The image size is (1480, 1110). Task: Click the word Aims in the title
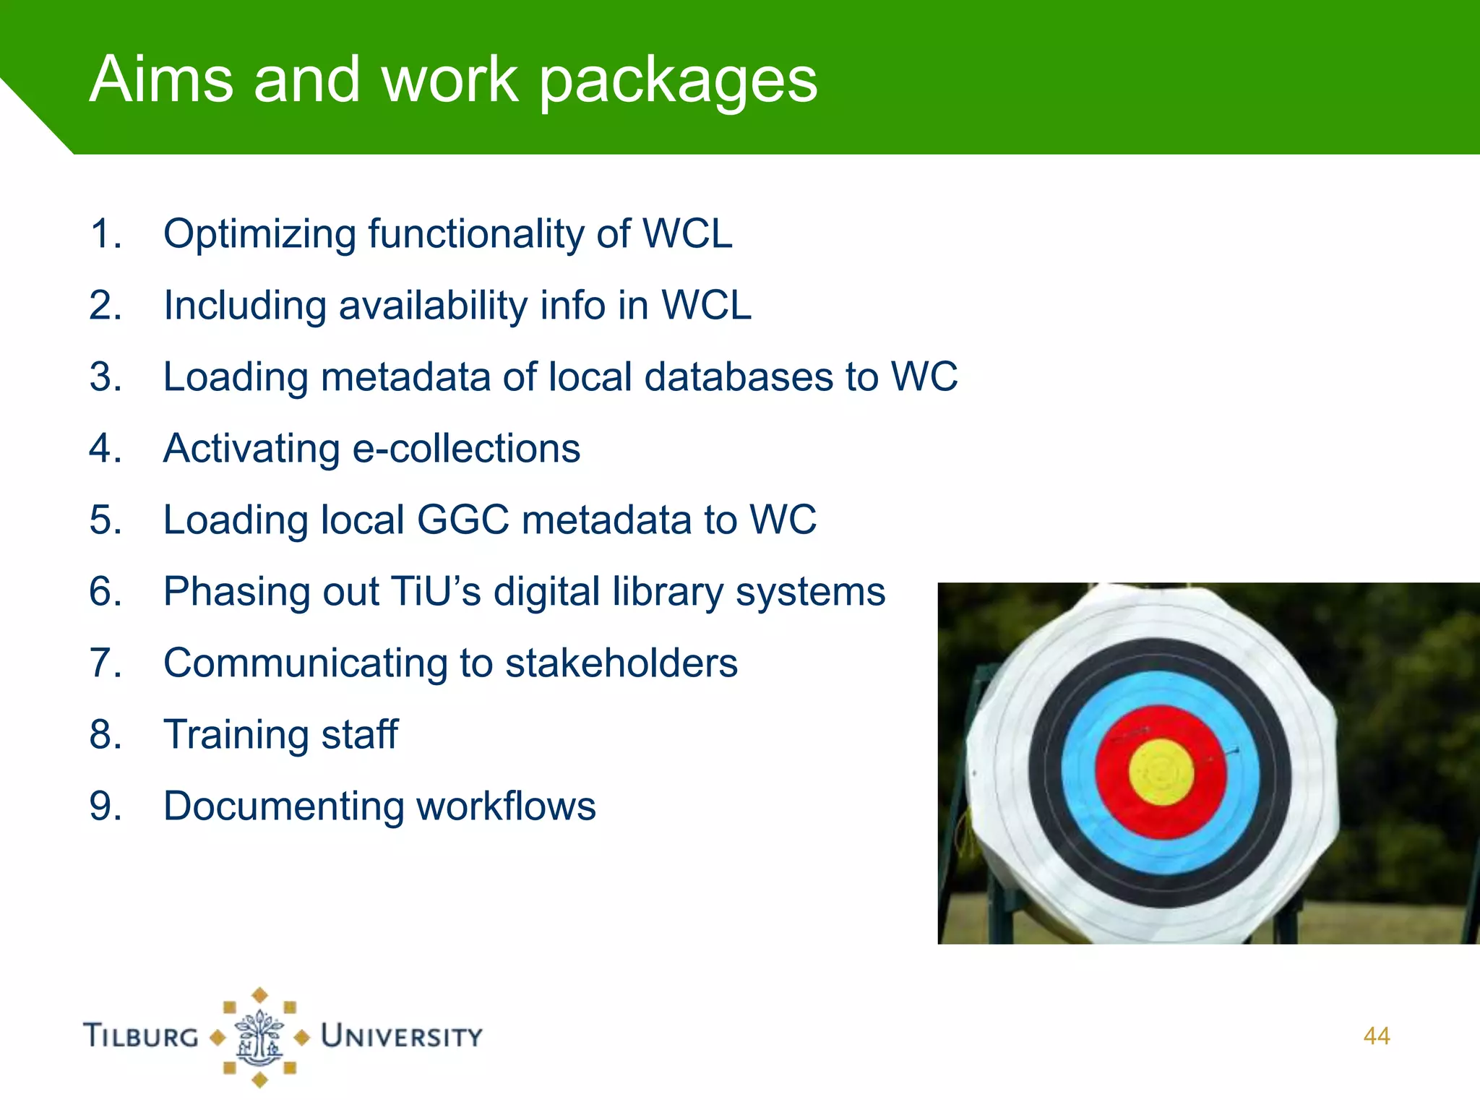pos(160,79)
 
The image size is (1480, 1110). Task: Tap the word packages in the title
pos(679,82)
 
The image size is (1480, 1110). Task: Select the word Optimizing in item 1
pos(260,235)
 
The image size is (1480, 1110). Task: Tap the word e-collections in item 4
pos(466,449)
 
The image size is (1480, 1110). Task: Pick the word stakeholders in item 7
pos(621,663)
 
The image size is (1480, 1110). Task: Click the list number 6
pos(106,592)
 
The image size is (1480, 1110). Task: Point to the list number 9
pos(106,806)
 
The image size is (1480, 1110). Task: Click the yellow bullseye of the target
pos(1161,773)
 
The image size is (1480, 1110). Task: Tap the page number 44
pos(1376,1036)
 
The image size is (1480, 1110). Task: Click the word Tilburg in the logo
pos(141,1036)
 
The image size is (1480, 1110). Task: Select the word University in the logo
pos(402,1036)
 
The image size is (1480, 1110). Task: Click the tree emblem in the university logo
pos(259,1037)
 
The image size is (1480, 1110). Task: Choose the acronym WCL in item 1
pos(687,235)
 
